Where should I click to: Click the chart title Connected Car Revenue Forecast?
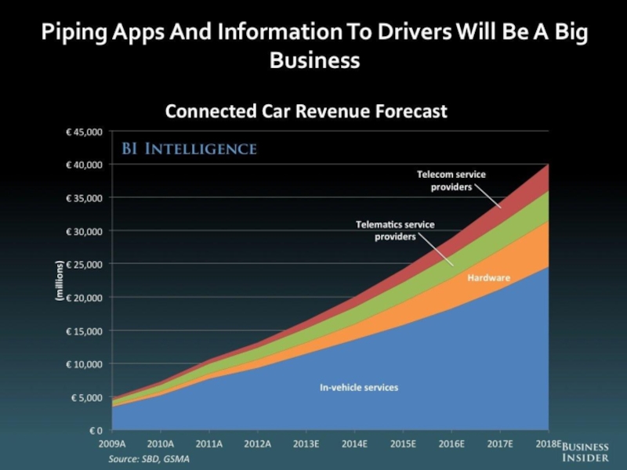(x=306, y=111)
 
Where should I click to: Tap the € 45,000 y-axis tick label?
(x=82, y=132)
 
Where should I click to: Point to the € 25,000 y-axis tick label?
(x=82, y=265)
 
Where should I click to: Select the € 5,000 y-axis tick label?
(x=85, y=397)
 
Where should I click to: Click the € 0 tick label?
(x=94, y=430)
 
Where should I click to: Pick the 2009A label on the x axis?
(x=112, y=443)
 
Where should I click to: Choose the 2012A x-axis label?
(x=258, y=443)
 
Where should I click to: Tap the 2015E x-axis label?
(x=403, y=443)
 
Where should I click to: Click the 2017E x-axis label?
(x=500, y=443)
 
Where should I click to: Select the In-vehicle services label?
(x=359, y=388)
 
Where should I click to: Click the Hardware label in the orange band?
(x=489, y=278)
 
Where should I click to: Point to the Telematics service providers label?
(x=395, y=230)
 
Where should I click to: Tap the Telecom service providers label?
(x=451, y=180)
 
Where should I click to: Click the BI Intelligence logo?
(x=187, y=148)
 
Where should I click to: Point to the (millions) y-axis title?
(x=59, y=281)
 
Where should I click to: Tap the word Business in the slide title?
(x=314, y=60)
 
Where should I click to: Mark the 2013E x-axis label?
(x=306, y=443)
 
